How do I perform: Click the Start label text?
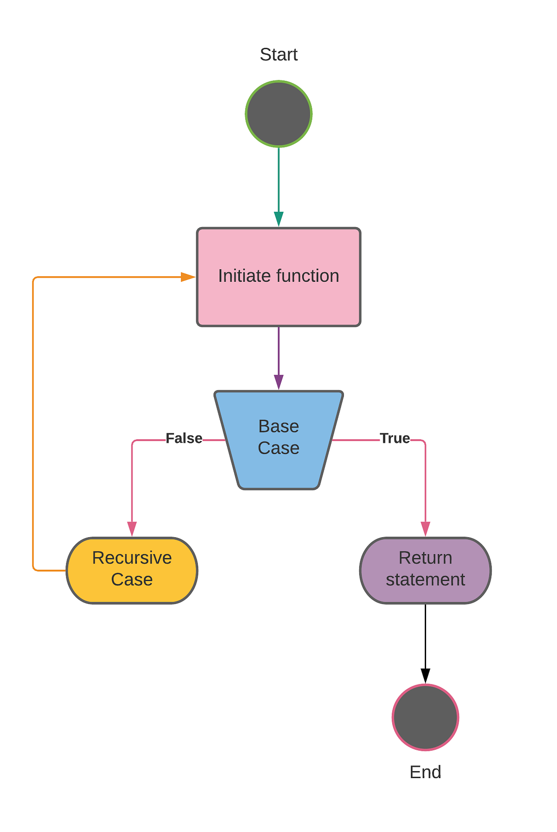click(x=278, y=55)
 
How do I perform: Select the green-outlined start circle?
click(x=278, y=114)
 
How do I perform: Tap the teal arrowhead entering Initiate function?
click(x=278, y=219)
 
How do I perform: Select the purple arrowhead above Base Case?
click(x=278, y=382)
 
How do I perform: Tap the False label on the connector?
click(x=184, y=438)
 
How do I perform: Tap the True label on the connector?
click(x=395, y=438)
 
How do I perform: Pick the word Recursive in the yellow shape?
click(x=132, y=558)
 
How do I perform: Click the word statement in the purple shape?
click(x=425, y=580)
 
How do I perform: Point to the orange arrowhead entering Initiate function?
click(x=188, y=277)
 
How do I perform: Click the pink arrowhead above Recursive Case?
click(x=132, y=528)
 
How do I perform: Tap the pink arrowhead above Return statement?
click(x=425, y=528)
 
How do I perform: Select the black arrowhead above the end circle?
click(x=425, y=676)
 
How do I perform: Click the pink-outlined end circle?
click(x=425, y=717)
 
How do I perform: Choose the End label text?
click(x=425, y=772)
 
